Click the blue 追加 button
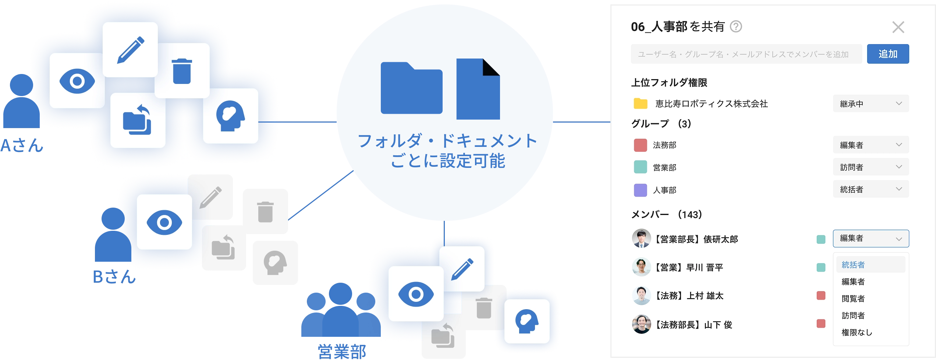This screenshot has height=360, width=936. (x=887, y=54)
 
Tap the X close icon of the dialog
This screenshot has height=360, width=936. (x=898, y=27)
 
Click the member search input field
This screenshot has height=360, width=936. (x=746, y=54)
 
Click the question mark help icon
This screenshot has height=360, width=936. (x=736, y=27)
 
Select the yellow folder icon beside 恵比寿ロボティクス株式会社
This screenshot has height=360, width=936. (x=641, y=104)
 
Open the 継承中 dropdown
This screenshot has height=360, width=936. (x=871, y=104)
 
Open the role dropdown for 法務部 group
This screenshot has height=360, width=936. (x=871, y=145)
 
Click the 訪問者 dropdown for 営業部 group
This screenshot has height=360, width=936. (x=871, y=167)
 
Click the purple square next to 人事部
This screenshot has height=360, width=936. (x=641, y=190)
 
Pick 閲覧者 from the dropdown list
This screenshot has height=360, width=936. (x=854, y=299)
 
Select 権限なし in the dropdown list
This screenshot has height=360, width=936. (x=857, y=332)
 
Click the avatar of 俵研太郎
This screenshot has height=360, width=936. (x=641, y=239)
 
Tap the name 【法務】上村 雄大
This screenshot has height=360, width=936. (x=688, y=296)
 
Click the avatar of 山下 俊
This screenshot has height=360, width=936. (x=641, y=324)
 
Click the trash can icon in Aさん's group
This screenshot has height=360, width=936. (x=182, y=71)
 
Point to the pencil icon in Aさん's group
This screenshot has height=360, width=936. (x=130, y=50)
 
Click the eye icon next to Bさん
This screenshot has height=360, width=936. (x=164, y=222)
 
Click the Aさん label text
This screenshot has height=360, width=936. (x=22, y=146)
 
